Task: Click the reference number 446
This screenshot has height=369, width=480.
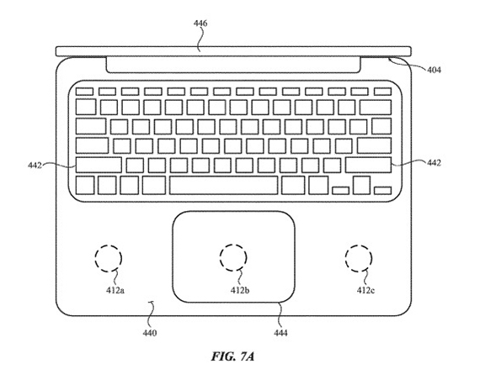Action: pyautogui.click(x=200, y=24)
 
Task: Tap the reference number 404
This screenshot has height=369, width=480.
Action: pyautogui.click(x=434, y=71)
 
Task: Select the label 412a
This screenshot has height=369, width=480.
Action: pyautogui.click(x=115, y=290)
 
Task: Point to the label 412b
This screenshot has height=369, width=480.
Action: pyautogui.click(x=240, y=290)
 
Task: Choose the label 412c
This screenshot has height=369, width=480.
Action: pyautogui.click(x=365, y=290)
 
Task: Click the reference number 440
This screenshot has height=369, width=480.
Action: pyautogui.click(x=149, y=332)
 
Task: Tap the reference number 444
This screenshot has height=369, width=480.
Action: pyautogui.click(x=280, y=332)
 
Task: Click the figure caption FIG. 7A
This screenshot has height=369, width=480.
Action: pyautogui.click(x=232, y=356)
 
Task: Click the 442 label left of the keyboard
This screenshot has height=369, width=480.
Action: pyautogui.click(x=35, y=166)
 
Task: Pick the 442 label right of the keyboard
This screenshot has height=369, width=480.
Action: pyautogui.click(x=434, y=163)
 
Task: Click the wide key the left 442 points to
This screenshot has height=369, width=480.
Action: pyautogui.click(x=99, y=165)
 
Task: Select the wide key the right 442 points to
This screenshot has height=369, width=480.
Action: pyautogui.click(x=369, y=165)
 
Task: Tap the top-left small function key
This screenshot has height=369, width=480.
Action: pyautogui.click(x=84, y=92)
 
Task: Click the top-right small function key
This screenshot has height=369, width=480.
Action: pyautogui.click(x=382, y=92)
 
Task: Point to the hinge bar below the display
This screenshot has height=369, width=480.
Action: pyautogui.click(x=233, y=65)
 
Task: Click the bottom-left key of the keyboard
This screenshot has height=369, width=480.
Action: pyautogui.click(x=85, y=185)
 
